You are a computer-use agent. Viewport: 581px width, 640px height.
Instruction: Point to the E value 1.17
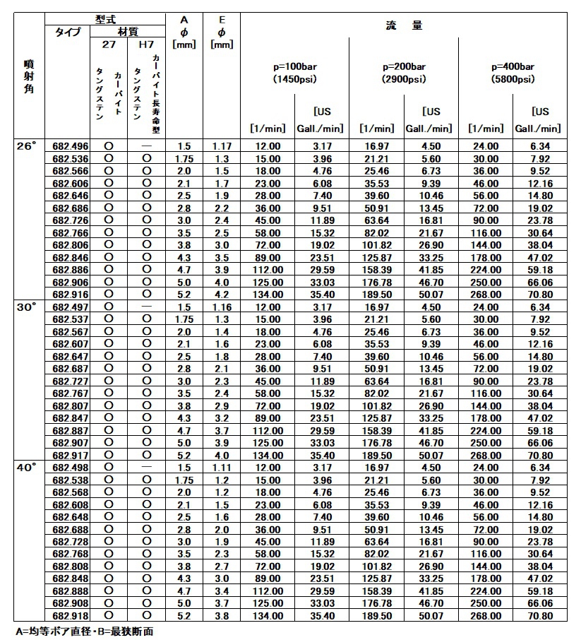coord(222,146)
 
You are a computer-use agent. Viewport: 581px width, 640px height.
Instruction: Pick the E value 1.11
coord(222,468)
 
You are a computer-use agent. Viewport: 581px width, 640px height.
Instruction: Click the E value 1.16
coord(222,307)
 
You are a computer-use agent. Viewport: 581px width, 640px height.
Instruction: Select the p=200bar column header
coord(404,73)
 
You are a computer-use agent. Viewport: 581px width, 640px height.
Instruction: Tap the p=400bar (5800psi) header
coord(513,73)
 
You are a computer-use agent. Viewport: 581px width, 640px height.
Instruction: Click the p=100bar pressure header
coord(295,73)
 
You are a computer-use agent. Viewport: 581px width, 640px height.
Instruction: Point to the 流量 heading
coord(404,25)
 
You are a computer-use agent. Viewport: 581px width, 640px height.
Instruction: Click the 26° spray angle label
coord(25,146)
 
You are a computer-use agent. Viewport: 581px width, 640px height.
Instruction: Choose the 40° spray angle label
coord(25,468)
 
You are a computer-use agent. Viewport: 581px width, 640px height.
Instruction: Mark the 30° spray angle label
coord(25,307)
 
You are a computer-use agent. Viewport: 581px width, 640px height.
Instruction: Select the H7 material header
coord(146,45)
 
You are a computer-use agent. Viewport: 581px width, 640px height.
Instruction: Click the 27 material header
coord(109,45)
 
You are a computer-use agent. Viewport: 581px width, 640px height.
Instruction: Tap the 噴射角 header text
coord(25,77)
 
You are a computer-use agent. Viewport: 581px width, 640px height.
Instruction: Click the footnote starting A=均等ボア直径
coord(84,631)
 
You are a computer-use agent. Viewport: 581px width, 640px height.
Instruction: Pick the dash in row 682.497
coord(146,307)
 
